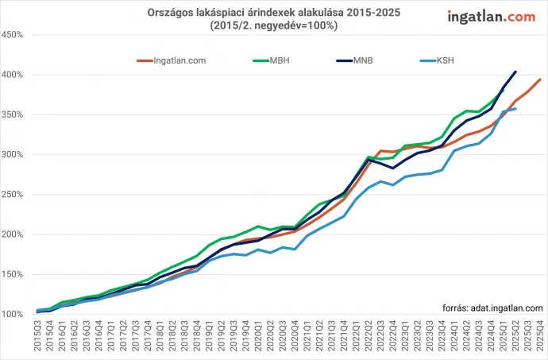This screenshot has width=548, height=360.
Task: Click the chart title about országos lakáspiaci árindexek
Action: coord(275,13)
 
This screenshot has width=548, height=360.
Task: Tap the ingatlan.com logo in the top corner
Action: coord(491,16)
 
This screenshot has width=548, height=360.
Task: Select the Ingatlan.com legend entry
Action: coord(170,60)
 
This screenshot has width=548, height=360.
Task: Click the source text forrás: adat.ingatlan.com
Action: coord(492,307)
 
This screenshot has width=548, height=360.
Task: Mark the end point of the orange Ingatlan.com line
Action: coord(540,79)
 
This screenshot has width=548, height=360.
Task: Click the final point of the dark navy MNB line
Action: coord(515,72)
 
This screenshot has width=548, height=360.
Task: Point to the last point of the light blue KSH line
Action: coord(515,109)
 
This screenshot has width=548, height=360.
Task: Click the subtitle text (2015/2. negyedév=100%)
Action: coord(275,25)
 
